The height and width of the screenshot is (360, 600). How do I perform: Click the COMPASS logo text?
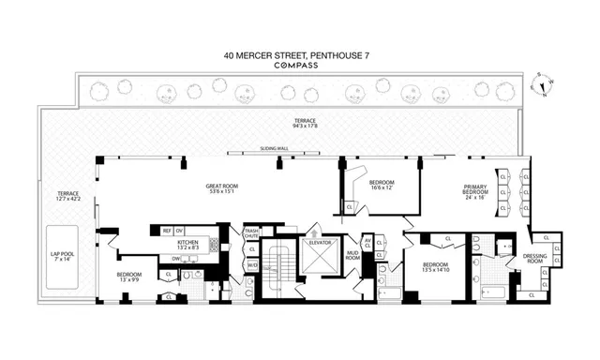(x=300, y=67)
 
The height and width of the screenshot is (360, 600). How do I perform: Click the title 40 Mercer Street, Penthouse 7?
(x=300, y=54)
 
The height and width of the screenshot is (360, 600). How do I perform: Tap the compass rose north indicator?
(x=541, y=84)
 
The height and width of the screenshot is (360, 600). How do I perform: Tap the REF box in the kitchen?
(x=167, y=230)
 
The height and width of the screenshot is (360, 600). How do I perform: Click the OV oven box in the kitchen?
(x=179, y=230)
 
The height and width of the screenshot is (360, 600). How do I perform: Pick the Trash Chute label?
(x=251, y=234)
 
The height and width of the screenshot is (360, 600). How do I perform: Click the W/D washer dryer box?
(x=251, y=264)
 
